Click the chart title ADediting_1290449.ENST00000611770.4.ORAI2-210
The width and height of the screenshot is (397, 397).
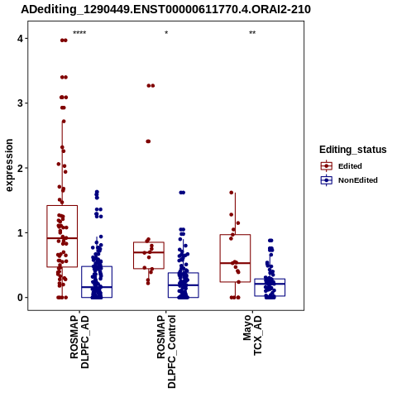click(166, 9)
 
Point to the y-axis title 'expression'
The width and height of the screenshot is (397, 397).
click(9, 165)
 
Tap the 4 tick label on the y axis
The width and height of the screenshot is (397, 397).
click(20, 39)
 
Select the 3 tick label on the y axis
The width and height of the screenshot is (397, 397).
click(20, 103)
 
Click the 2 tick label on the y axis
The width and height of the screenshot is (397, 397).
click(20, 168)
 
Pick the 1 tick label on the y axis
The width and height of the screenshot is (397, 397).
click(20, 232)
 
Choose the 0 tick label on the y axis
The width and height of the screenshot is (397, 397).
click(20, 298)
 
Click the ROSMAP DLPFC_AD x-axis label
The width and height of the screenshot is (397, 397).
click(79, 342)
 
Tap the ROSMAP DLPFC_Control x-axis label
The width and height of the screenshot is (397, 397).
click(166, 352)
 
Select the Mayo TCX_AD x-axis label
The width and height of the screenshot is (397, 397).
click(252, 335)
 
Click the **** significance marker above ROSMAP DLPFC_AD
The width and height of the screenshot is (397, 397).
click(79, 33)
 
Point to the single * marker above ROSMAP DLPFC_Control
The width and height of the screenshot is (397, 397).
click(166, 33)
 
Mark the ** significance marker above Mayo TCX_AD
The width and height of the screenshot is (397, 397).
click(252, 33)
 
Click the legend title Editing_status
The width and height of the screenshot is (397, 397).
click(353, 150)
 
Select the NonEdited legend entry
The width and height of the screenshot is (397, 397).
click(349, 180)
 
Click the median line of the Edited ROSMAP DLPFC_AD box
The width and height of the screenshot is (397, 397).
click(62, 238)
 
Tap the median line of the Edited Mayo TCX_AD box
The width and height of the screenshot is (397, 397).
click(235, 263)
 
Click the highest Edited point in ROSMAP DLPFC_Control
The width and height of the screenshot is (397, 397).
click(151, 86)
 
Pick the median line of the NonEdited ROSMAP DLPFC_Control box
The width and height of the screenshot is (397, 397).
click(184, 285)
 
